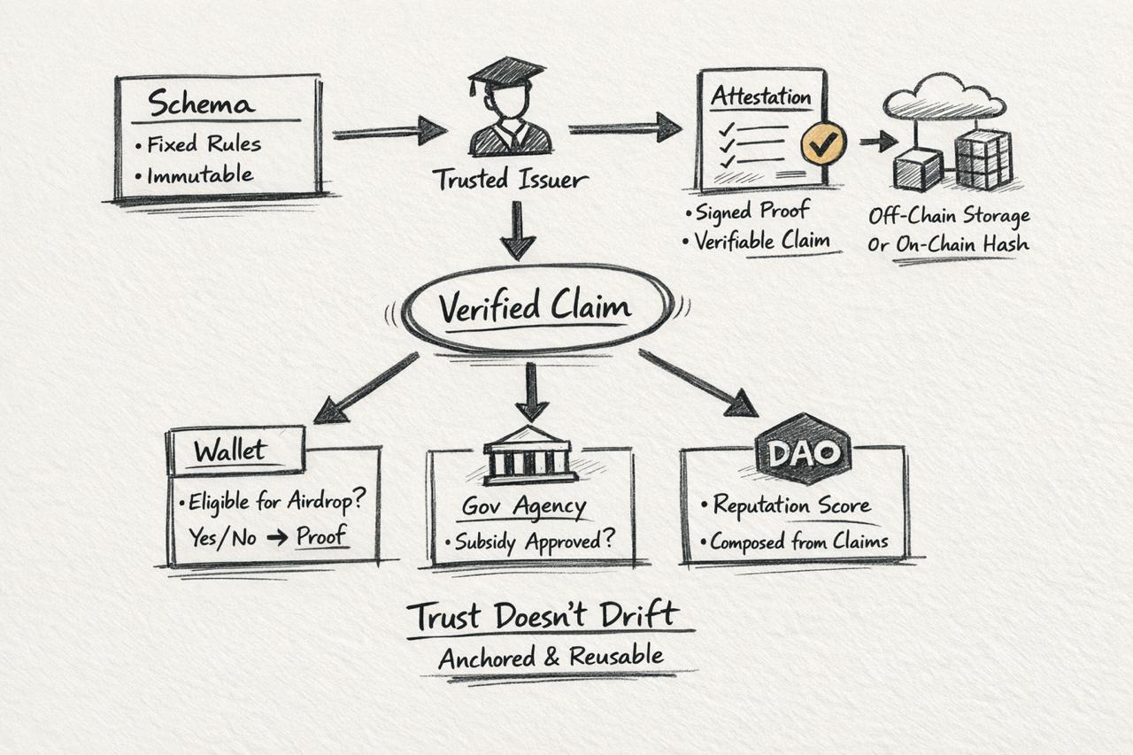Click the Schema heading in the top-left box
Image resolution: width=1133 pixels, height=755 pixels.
[x=201, y=104]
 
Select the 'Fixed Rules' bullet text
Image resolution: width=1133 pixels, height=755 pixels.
[x=204, y=143]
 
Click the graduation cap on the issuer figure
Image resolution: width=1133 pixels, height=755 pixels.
[x=506, y=72]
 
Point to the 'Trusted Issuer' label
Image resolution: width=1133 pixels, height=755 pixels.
[x=510, y=180]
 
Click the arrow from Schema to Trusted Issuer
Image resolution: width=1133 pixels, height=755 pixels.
[x=389, y=132]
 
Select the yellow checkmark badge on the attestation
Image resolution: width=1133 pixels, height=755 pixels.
[x=823, y=141]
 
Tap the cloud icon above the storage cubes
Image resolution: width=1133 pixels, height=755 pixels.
[x=944, y=96]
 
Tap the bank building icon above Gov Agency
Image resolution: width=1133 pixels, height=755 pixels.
[x=529, y=455]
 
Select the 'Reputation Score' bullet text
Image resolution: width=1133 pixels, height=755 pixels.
[x=791, y=505]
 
